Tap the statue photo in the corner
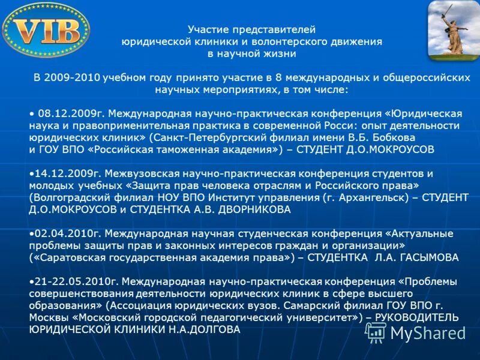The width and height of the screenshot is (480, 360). coord(452,30)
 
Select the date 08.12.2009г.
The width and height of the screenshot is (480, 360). coord(71,113)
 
